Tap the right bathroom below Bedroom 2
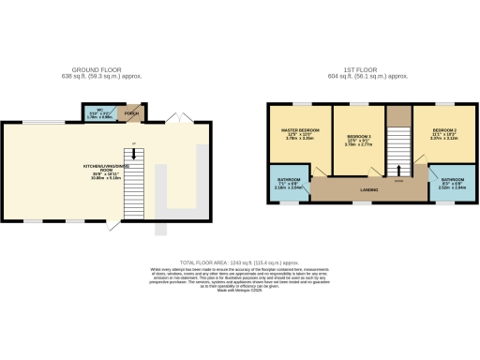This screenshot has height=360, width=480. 452,185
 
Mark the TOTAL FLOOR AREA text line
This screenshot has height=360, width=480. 240,263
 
